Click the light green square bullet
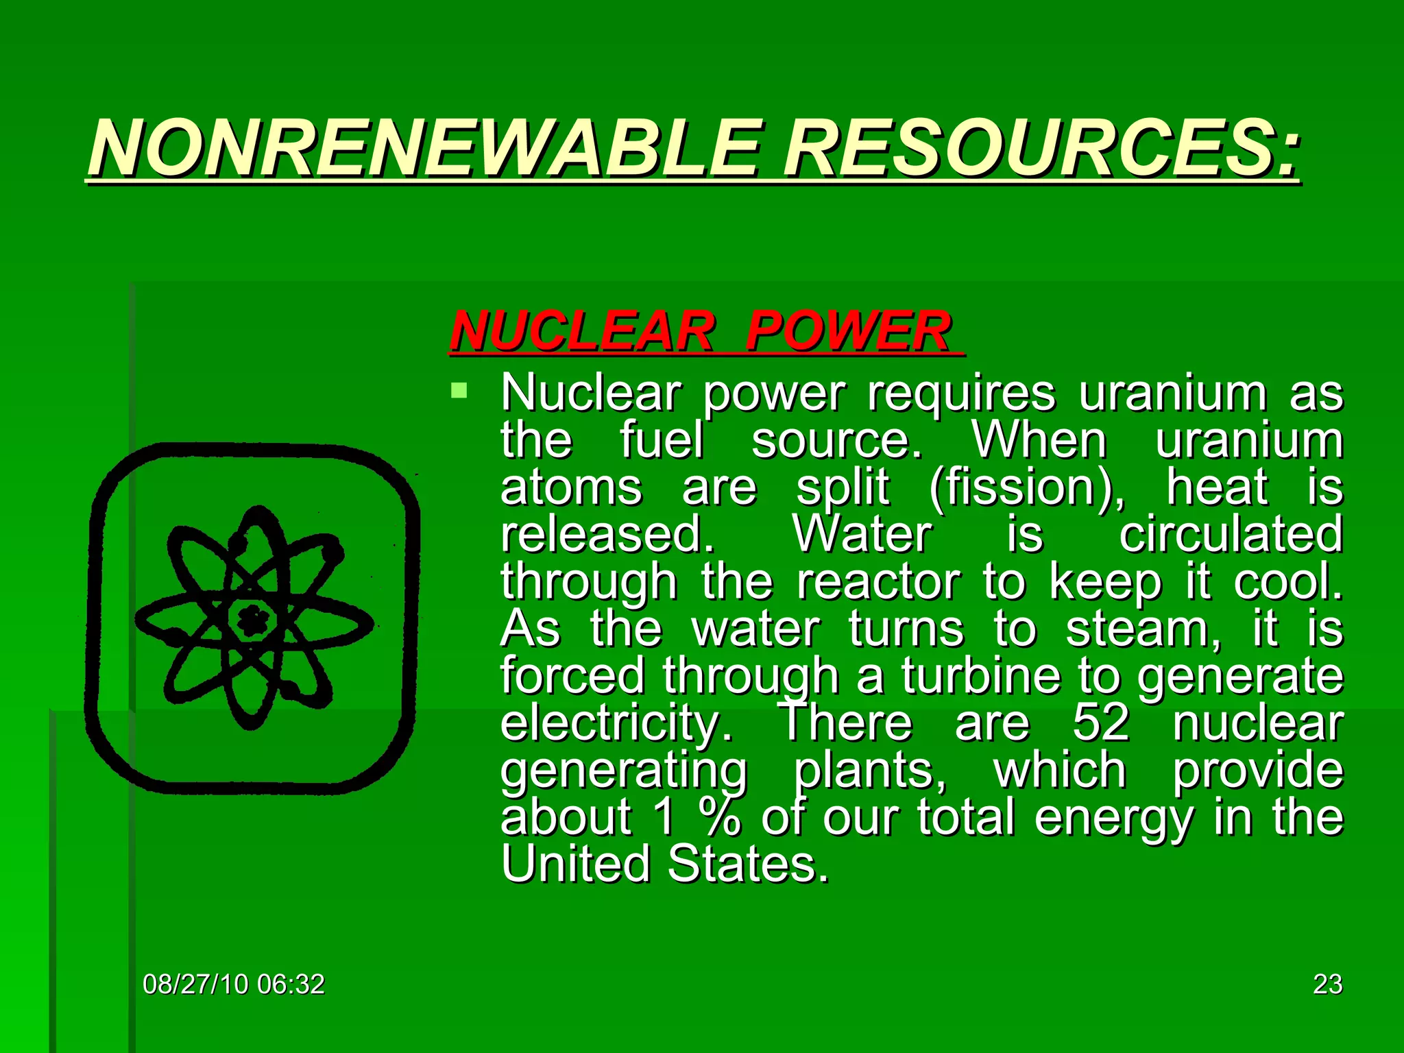click(459, 391)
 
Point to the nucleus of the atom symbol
click(253, 621)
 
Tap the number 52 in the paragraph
click(1100, 723)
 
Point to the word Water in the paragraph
click(862, 534)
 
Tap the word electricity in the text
click(616, 724)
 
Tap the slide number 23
click(1327, 984)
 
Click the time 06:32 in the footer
click(291, 984)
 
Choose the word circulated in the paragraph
click(1231, 534)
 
